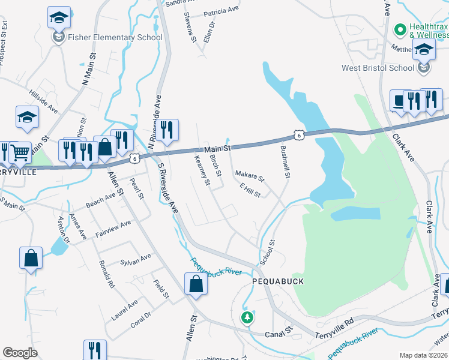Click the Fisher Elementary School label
(x=115, y=37)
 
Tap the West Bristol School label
(x=378, y=68)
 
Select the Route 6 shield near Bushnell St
(x=299, y=135)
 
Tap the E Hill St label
(x=250, y=190)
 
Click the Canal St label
(x=280, y=331)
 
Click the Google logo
(x=20, y=353)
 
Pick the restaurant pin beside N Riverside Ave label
(x=167, y=128)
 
